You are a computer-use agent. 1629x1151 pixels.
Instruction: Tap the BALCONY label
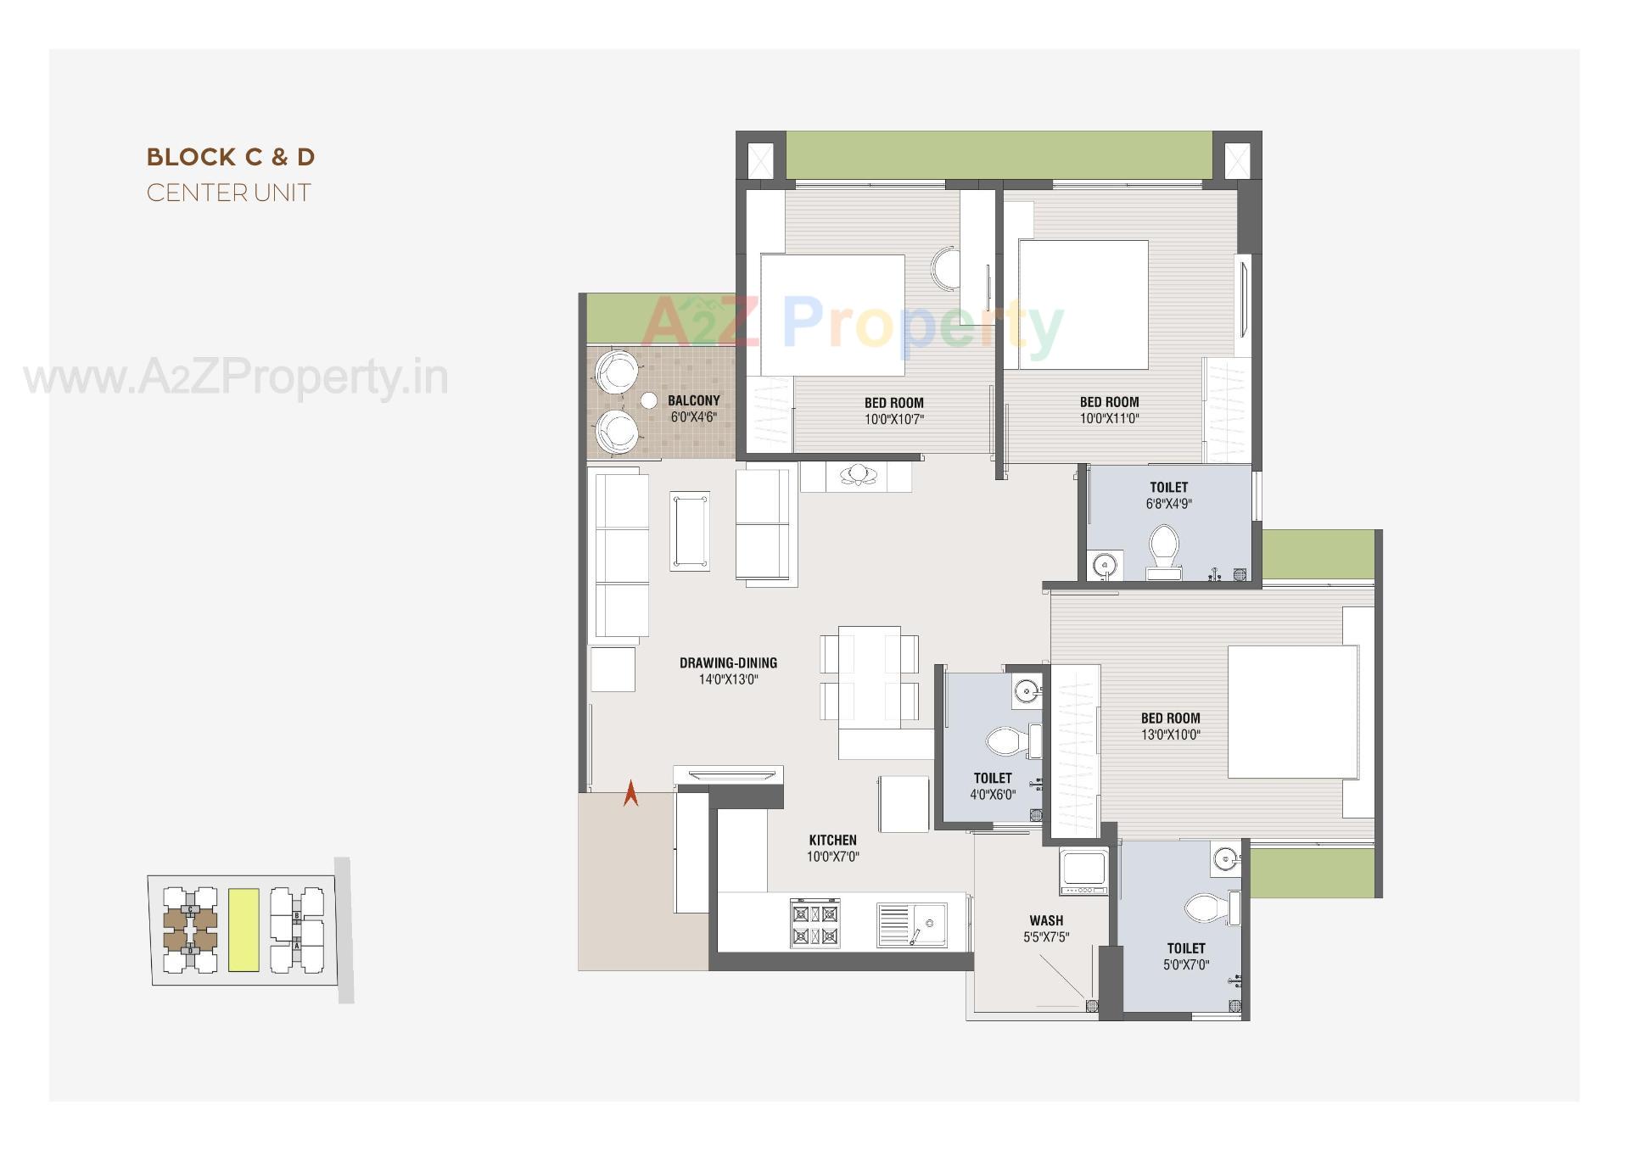[x=693, y=400]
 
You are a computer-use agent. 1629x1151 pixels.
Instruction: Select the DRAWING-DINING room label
[x=728, y=663]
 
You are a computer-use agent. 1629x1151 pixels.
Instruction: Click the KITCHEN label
[x=832, y=841]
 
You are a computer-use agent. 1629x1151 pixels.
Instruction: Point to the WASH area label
[x=1046, y=920]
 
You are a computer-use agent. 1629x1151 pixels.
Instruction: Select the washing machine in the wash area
[x=1083, y=870]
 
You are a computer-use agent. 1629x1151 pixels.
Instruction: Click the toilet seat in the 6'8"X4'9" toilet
[x=1162, y=545]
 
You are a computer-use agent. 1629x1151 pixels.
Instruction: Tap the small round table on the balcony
[x=649, y=401]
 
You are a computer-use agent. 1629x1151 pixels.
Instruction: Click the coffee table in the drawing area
[x=690, y=531]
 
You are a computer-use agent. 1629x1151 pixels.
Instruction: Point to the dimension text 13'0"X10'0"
[x=1170, y=735]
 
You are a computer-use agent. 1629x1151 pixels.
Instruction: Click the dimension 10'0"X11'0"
[x=1109, y=418]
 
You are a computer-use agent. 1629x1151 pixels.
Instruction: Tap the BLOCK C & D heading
[x=231, y=157]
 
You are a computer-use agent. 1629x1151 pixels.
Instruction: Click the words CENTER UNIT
[x=229, y=193]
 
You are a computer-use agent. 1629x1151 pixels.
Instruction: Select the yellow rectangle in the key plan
[x=244, y=930]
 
